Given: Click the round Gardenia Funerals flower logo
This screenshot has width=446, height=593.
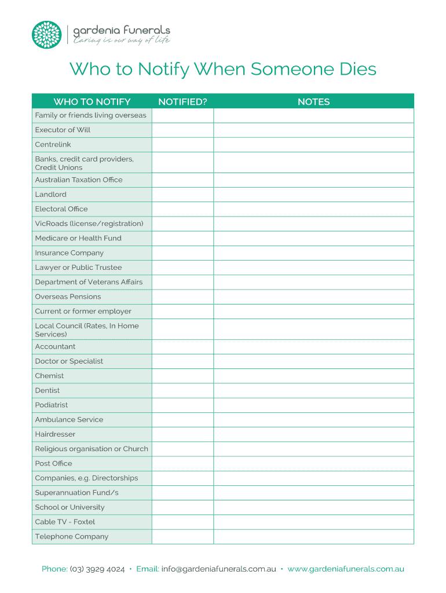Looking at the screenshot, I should (46, 35).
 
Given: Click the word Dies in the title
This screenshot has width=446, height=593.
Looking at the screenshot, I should (354, 69).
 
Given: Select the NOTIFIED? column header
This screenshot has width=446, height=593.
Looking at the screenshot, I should (182, 102).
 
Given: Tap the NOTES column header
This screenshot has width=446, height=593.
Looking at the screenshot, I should (313, 102).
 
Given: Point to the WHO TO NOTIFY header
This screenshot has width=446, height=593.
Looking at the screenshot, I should (92, 102).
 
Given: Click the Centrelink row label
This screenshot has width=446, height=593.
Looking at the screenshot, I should (53, 145).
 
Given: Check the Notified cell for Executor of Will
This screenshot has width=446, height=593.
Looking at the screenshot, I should (182, 130).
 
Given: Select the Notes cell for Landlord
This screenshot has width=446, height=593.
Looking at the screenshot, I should (313, 195).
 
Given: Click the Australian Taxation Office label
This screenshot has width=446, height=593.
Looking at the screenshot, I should (79, 180).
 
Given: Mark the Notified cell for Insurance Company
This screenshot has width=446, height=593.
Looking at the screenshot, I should (182, 253).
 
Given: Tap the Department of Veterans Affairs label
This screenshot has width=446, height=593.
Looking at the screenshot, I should (89, 283).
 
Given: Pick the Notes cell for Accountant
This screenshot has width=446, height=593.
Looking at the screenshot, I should (313, 347).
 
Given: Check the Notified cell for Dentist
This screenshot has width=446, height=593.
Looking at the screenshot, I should (182, 391).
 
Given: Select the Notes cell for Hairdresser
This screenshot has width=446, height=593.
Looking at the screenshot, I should (313, 434).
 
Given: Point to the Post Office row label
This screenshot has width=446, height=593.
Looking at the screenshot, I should (54, 464).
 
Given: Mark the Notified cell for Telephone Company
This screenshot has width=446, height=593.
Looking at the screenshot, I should (182, 537).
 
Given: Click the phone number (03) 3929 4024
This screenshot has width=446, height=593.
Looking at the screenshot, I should (97, 569).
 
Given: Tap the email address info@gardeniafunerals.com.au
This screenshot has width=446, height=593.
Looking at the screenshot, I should (218, 569).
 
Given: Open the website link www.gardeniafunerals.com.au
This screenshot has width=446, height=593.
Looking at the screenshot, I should (346, 569).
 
